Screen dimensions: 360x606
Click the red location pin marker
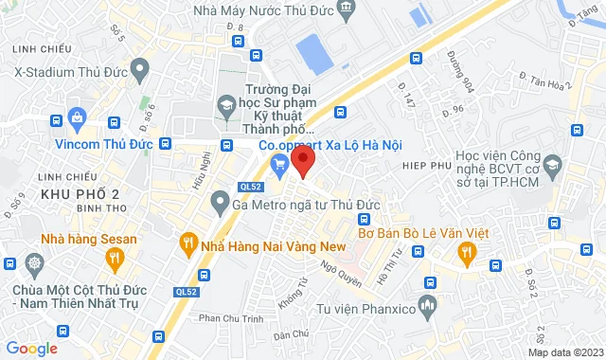302,159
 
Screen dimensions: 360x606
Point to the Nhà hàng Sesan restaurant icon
115,257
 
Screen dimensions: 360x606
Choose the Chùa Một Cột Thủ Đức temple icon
35,262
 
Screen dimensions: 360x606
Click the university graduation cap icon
226,102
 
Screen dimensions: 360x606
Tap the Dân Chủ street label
291,334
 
